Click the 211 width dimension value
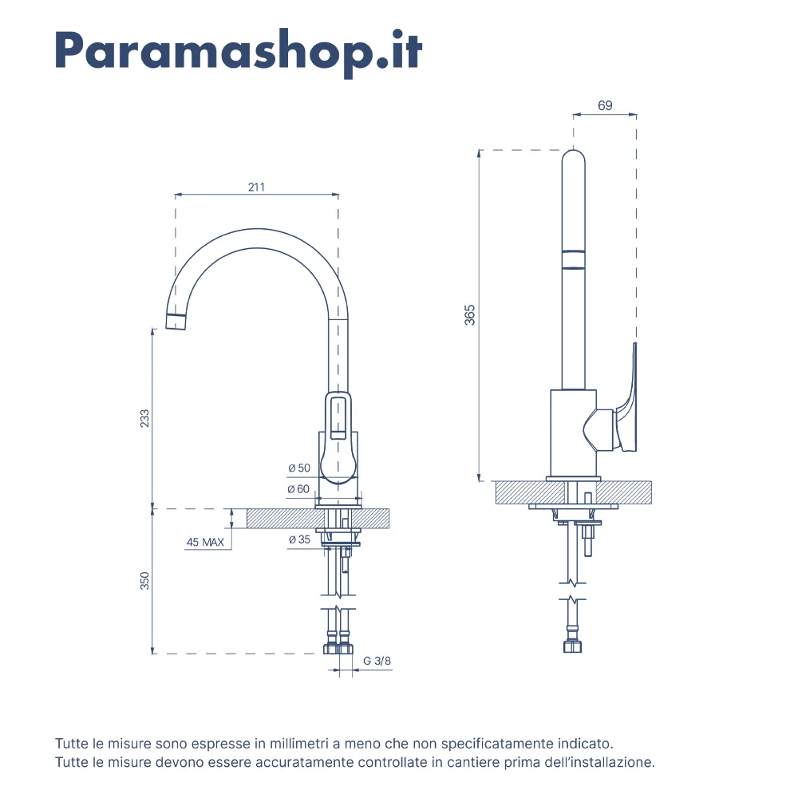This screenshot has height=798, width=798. tap(255, 188)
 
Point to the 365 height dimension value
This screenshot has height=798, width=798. tap(470, 314)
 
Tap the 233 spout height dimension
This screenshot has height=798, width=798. tap(144, 418)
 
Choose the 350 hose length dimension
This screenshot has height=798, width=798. tap(144, 580)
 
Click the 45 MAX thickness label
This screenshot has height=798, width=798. tap(204, 543)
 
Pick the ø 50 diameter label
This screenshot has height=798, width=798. tap(298, 468)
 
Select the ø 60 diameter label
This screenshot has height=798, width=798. tap(298, 488)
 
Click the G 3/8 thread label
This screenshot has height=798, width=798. tap(377, 661)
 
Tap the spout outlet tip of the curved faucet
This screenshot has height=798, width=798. tap(176, 322)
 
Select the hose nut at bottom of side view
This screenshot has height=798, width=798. tap(572, 645)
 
